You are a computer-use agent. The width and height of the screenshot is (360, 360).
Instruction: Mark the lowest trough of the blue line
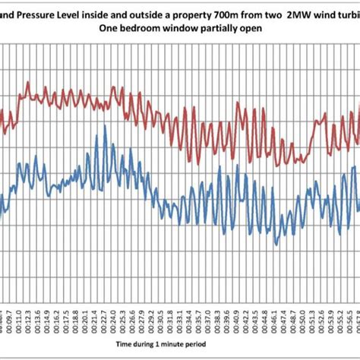pos(276,244)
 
